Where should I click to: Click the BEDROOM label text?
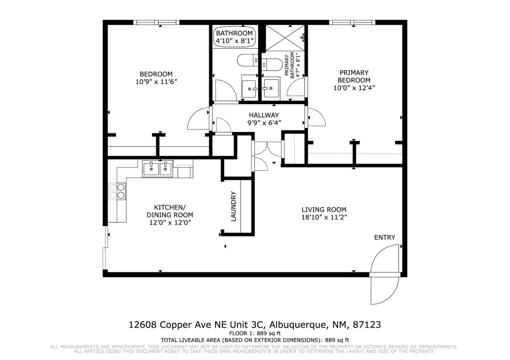(x=156, y=74)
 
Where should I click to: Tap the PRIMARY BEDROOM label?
(x=354, y=76)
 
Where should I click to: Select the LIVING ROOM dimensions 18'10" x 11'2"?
(x=324, y=218)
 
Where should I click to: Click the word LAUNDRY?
(x=234, y=207)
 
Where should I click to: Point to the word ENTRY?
(x=385, y=238)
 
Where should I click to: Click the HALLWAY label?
(x=264, y=115)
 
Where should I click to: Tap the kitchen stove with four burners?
(x=117, y=191)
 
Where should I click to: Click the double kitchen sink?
(x=158, y=168)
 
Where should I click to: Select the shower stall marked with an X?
(x=285, y=38)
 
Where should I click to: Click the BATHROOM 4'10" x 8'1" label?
(x=234, y=37)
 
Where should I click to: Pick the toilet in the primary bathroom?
(x=272, y=64)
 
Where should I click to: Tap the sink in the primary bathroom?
(x=270, y=88)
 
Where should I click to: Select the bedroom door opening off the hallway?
(x=199, y=119)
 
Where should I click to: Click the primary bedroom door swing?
(x=316, y=117)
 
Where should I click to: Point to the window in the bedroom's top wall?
(x=156, y=22)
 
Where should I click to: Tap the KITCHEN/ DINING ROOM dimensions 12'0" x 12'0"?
(x=170, y=223)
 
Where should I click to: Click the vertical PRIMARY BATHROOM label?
(x=292, y=65)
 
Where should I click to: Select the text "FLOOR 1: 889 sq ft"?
(x=255, y=333)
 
